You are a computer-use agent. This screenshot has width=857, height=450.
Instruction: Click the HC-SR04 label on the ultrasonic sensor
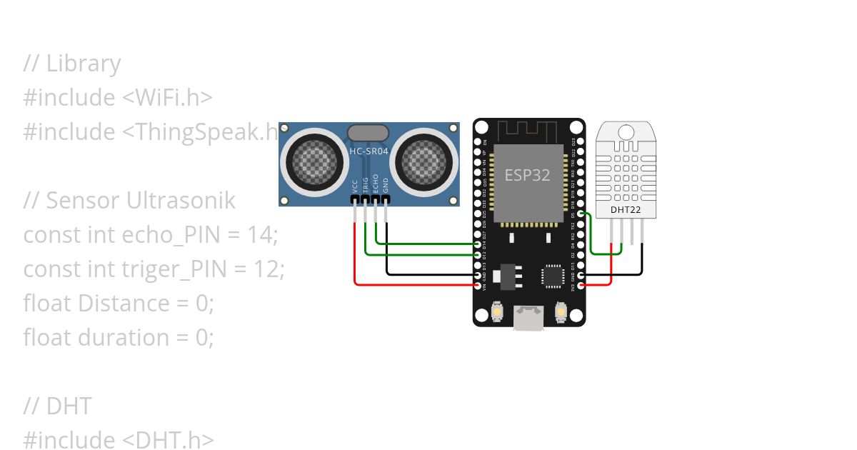click(369, 151)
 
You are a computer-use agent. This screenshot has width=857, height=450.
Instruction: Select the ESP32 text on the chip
click(528, 175)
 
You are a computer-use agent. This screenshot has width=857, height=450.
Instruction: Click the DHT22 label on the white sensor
click(626, 210)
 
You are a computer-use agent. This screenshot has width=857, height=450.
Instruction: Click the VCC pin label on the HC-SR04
click(355, 187)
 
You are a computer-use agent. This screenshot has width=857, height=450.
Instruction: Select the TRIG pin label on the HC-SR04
click(366, 186)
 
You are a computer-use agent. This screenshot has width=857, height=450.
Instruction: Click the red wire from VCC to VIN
click(414, 285)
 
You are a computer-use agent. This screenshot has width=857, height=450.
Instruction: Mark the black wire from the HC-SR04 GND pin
click(428, 274)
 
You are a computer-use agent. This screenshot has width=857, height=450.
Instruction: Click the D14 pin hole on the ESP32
click(478, 244)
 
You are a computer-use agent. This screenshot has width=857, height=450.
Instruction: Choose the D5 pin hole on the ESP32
click(581, 214)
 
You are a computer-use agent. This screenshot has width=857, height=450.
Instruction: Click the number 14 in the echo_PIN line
click(262, 235)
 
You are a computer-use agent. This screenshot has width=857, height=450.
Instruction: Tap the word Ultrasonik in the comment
click(181, 201)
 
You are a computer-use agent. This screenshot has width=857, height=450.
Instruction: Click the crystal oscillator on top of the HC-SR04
click(368, 132)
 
